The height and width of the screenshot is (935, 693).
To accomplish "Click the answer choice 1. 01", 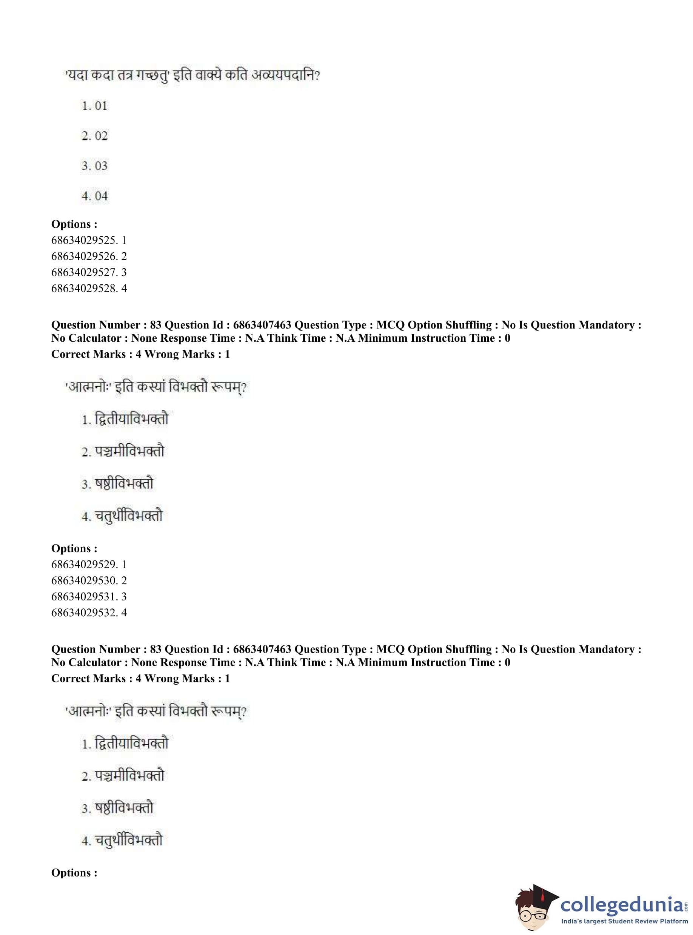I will pyautogui.click(x=94, y=106).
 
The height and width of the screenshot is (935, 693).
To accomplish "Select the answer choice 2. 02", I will pyautogui.click(x=94, y=136).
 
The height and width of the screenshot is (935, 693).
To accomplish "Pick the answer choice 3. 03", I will pyautogui.click(x=94, y=166).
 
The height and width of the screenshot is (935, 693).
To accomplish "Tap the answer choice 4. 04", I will pyautogui.click(x=94, y=196).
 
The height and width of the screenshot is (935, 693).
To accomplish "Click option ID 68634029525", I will pyautogui.click(x=89, y=240).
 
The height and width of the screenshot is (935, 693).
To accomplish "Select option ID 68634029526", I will pyautogui.click(x=89, y=256).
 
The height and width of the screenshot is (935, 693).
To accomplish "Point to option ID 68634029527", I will pyautogui.click(x=89, y=272).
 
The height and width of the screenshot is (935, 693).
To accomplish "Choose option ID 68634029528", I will pyautogui.click(x=89, y=288).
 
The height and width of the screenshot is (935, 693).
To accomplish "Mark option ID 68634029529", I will pyautogui.click(x=89, y=565).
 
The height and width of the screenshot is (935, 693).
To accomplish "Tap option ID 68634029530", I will pyautogui.click(x=89, y=580).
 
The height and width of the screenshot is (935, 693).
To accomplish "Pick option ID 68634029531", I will pyautogui.click(x=89, y=596).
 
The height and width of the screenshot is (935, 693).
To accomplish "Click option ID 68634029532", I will pyautogui.click(x=89, y=613).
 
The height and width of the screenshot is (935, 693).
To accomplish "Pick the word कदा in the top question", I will pyautogui.click(x=105, y=76).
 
